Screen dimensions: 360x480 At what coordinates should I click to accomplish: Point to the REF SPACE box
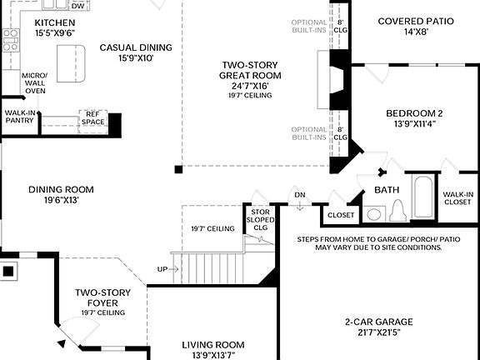click(92, 118)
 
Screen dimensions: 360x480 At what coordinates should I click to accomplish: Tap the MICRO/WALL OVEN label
click(35, 85)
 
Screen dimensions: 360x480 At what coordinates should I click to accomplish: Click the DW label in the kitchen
click(77, 6)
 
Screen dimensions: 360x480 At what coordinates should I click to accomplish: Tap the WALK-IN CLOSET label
click(458, 200)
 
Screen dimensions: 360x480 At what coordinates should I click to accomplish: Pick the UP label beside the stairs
click(162, 269)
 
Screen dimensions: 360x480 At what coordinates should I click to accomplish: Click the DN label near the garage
click(300, 196)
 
